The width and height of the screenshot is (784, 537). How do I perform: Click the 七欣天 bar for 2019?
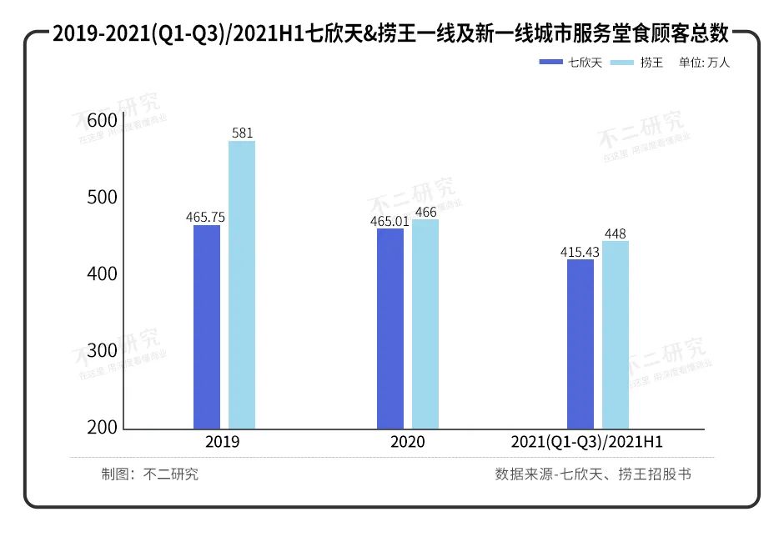pos(207,327)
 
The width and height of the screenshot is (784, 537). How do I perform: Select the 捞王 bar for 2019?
pos(242,285)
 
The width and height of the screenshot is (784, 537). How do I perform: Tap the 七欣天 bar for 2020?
pos(390,329)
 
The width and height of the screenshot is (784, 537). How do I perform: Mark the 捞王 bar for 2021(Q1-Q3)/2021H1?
pos(616,335)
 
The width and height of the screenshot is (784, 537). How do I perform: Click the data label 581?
pos(242,133)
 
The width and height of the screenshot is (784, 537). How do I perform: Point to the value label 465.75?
pos(206,217)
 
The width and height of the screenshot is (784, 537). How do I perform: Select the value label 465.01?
pos(390,221)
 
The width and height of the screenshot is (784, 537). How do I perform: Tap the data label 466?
pos(425,212)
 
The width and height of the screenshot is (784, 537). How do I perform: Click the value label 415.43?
pos(580,251)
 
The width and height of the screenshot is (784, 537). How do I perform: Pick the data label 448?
pos(616,233)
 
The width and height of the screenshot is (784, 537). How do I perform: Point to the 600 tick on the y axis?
pos(102,121)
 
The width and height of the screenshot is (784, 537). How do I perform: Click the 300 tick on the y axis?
pos(102,351)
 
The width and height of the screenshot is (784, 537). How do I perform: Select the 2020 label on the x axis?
pos(407,442)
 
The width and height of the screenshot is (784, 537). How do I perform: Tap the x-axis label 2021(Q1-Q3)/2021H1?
pos(592,442)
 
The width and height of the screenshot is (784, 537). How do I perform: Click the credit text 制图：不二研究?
pos(150,474)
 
